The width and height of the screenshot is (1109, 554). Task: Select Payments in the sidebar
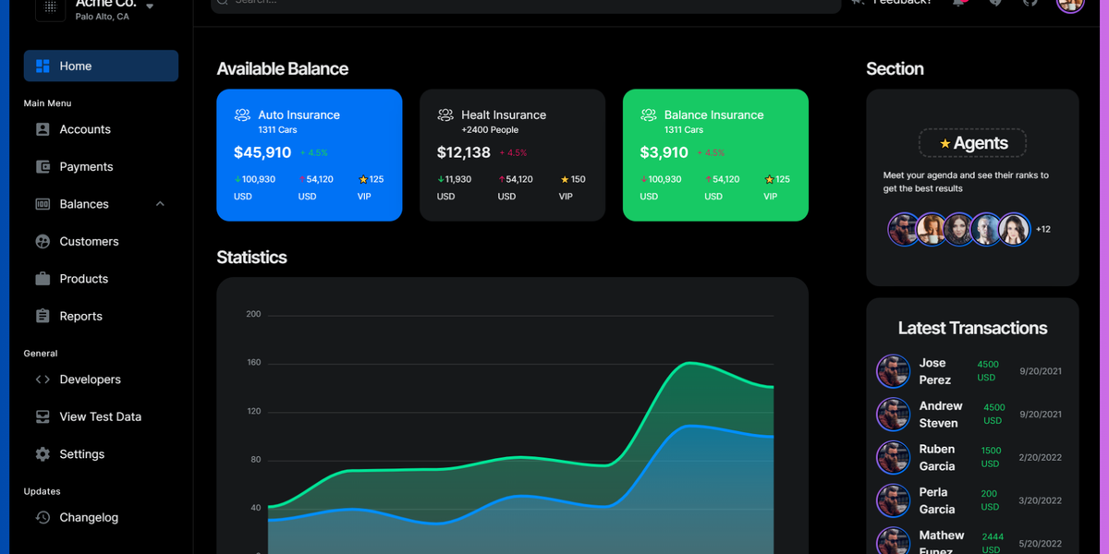pyautogui.click(x=86, y=167)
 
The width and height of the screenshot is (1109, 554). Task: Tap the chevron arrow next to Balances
pyautogui.click(x=160, y=204)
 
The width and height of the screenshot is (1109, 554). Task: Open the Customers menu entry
pyautogui.click(x=89, y=242)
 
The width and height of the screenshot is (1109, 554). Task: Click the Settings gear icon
pyautogui.click(x=43, y=454)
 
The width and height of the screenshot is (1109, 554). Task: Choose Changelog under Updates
pyautogui.click(x=89, y=518)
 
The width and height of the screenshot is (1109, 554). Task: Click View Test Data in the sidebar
pyautogui.click(x=100, y=417)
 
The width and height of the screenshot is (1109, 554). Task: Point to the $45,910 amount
pyautogui.click(x=262, y=152)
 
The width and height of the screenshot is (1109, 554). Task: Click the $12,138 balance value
pyautogui.click(x=464, y=152)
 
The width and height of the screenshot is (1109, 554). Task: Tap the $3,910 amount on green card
pyautogui.click(x=664, y=152)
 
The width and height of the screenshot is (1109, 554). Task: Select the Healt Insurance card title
pyautogui.click(x=504, y=115)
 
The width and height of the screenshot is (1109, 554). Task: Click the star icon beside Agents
pyautogui.click(x=944, y=144)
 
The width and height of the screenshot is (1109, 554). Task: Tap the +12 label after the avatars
pyautogui.click(x=1043, y=229)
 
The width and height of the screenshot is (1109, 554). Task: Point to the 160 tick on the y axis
pyautogui.click(x=253, y=363)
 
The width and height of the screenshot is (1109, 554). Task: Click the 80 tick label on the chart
pyautogui.click(x=255, y=460)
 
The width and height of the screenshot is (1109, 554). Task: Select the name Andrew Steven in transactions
pyautogui.click(x=940, y=415)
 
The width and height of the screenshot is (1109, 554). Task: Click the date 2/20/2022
pyautogui.click(x=1041, y=458)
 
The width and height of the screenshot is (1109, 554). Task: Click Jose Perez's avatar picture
pyautogui.click(x=893, y=371)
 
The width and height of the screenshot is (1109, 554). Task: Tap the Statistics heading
pyautogui.click(x=251, y=258)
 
